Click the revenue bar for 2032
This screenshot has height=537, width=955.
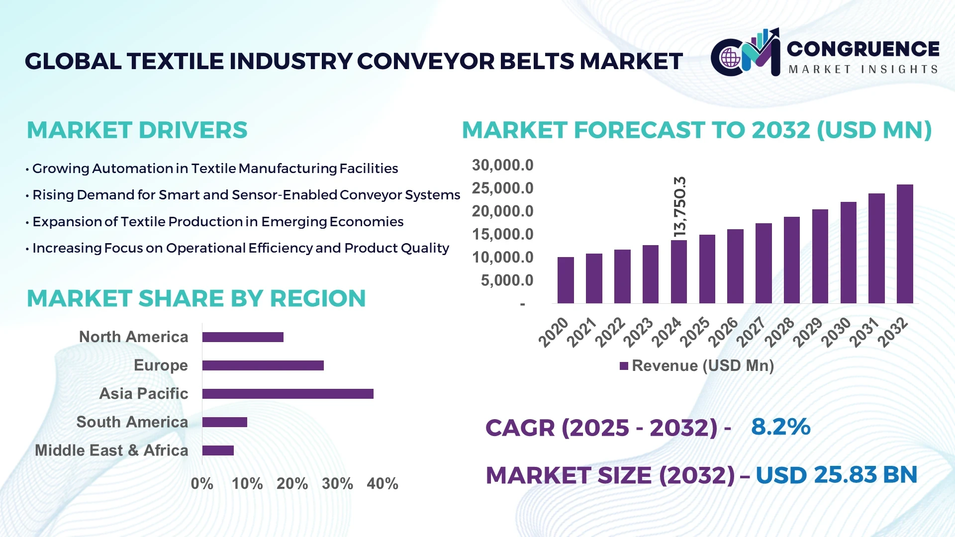905,244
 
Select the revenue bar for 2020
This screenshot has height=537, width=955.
566,280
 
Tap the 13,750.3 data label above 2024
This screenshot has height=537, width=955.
679,206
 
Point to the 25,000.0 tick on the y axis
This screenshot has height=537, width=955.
502,188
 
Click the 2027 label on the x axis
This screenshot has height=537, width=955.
751,332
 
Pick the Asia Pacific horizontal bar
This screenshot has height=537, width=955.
287,394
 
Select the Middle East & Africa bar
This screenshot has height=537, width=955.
218,450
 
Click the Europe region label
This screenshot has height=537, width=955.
161,365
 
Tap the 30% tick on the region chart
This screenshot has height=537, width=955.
337,483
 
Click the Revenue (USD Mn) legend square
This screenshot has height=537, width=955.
624,366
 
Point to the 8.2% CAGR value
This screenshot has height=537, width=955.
780,427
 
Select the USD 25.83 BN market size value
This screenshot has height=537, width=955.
836,475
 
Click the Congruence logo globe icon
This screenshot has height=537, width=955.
731,58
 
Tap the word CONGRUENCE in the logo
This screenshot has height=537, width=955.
863,49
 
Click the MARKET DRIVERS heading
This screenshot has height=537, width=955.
137,130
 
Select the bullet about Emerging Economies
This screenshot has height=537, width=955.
218,222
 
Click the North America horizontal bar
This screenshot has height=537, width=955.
243,337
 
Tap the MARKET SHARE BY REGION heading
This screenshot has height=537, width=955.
196,298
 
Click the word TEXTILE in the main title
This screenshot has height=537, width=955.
175,61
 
